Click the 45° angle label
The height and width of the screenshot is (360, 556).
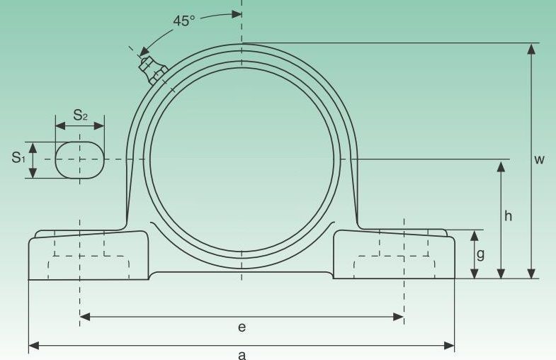point(183,21)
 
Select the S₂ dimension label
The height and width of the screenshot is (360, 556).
point(81,115)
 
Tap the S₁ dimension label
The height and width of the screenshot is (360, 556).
point(18,157)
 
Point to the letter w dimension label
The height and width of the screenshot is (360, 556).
point(539,159)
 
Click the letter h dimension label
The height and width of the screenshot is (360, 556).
point(508,215)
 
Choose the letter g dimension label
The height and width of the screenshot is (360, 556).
point(480,254)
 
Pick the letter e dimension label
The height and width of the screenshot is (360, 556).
point(242,327)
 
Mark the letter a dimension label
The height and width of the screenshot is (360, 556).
point(242,354)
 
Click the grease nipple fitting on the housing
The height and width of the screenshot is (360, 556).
point(152,71)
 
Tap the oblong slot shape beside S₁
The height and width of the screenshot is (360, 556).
point(80,159)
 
